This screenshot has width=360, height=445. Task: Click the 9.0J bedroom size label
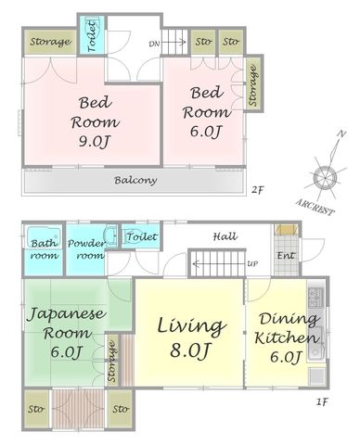tap(95, 141)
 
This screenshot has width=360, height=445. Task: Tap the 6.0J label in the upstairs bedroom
tap(206, 132)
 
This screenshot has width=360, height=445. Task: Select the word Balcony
tap(135, 180)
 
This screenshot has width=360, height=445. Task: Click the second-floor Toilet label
tap(93, 36)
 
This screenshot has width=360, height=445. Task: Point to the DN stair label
tap(154, 44)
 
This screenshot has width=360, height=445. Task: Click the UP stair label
tap(252, 264)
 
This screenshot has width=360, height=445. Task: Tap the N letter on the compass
tap(341, 134)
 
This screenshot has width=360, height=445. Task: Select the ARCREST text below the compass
tap(315, 208)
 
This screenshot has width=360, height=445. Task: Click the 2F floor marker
tap(257, 189)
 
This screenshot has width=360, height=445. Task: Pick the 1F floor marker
tap(322, 402)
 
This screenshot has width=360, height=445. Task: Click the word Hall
tap(225, 236)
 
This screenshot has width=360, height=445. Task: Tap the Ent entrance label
tap(286, 255)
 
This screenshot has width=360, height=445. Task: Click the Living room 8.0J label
tap(190, 350)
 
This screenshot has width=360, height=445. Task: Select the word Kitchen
tap(287, 337)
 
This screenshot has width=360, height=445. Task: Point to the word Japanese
tap(67, 314)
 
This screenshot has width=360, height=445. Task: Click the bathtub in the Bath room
tap(43, 236)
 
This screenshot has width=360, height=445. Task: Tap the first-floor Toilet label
tap(142, 236)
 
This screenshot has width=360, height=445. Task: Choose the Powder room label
tap(87, 249)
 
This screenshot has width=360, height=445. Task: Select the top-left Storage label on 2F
tap(50, 42)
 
